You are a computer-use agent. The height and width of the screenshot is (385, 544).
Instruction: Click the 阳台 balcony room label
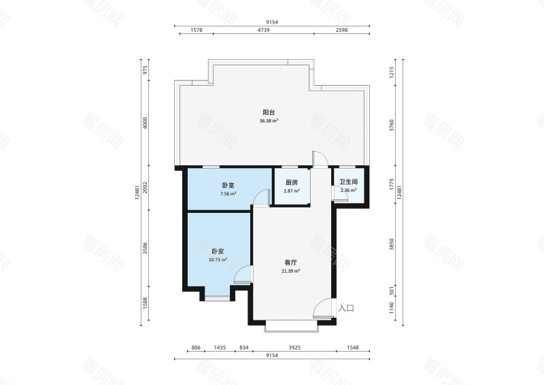[269, 112]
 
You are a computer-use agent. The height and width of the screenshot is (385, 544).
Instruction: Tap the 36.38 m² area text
[269, 121]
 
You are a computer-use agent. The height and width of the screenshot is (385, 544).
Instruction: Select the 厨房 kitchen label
[292, 182]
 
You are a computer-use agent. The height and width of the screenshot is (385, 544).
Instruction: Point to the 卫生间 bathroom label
[348, 182]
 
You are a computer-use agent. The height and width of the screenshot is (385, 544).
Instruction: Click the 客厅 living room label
[290, 263]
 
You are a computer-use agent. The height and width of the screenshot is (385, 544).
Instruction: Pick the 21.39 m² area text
[291, 271]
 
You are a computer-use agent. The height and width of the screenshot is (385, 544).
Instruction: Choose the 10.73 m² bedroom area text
[218, 260]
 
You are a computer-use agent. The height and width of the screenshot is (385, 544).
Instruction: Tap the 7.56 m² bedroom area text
[228, 194]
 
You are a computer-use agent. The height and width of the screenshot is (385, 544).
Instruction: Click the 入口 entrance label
[346, 308]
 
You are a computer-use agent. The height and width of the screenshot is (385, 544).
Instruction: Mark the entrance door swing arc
[318, 303]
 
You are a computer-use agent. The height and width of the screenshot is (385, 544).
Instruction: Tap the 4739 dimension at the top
[263, 30]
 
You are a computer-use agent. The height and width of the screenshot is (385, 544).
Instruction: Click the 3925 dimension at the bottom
[294, 348]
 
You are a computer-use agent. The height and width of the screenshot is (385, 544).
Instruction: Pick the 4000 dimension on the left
[146, 123]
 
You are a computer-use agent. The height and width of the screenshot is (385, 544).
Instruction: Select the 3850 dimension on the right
[392, 244]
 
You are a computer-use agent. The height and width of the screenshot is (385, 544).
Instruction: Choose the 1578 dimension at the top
[197, 30]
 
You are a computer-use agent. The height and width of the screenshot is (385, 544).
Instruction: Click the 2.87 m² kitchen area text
[292, 191]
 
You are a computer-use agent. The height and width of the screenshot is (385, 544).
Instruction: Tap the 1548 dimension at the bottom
[352, 348]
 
